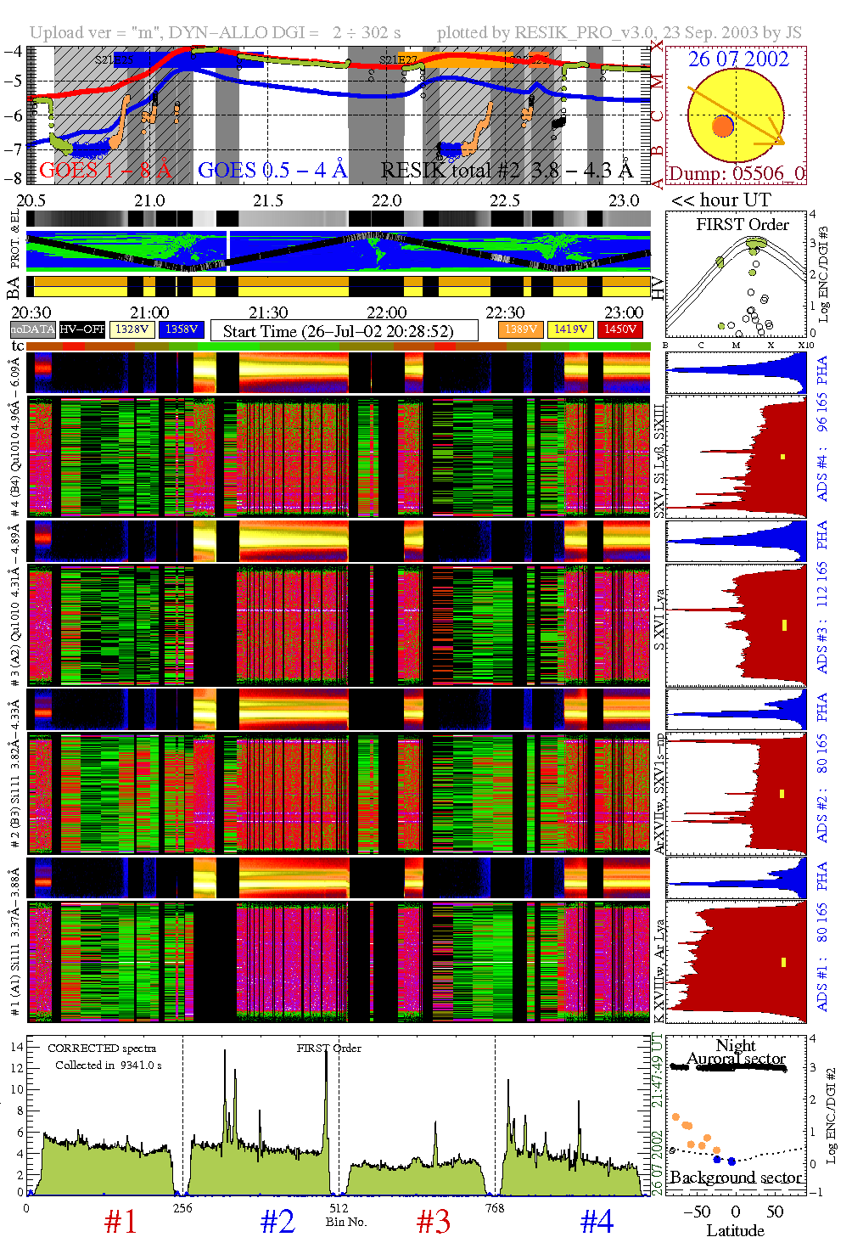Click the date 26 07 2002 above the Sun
tap(737, 59)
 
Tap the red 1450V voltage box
tap(619, 329)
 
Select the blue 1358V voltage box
tap(182, 329)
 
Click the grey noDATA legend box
tap(33, 329)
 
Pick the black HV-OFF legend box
tap(82, 329)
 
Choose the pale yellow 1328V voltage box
tap(132, 329)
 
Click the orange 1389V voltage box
tap(520, 329)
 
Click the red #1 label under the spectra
tap(121, 1222)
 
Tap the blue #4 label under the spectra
tap(597, 1222)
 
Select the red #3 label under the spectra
tap(434, 1222)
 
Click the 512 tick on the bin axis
tap(339, 1208)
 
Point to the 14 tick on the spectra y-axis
tap(17, 1047)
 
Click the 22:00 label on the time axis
tap(386, 312)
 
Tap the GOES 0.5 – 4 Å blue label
tap(272, 171)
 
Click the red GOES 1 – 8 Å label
tap(105, 171)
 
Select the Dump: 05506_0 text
tap(736, 174)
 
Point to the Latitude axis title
tap(735, 1230)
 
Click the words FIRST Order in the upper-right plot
tap(743, 225)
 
